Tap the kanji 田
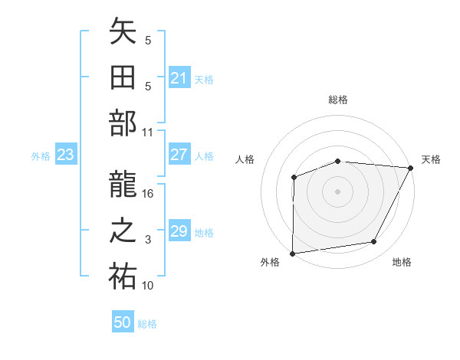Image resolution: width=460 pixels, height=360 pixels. point(123,79)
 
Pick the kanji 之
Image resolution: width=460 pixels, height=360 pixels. point(123,232)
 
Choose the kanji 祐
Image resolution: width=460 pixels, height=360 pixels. point(123,277)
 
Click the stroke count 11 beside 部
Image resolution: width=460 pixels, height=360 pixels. point(148,132)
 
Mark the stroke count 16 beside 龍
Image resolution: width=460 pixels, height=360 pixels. point(149,194)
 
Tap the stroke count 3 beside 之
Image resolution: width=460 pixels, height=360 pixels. point(148,240)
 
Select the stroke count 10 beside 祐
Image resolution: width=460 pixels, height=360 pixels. point(148,286)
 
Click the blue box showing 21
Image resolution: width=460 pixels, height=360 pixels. point(179,78)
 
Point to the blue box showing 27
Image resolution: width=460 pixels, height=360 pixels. point(179,155)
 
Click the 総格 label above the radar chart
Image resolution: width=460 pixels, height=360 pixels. point(337,100)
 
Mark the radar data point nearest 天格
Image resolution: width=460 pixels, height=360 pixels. point(410,168)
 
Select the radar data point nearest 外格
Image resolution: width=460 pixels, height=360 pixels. point(292,254)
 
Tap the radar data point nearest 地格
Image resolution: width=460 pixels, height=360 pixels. point(374,242)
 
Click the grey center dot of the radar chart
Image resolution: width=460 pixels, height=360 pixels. point(337,191)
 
